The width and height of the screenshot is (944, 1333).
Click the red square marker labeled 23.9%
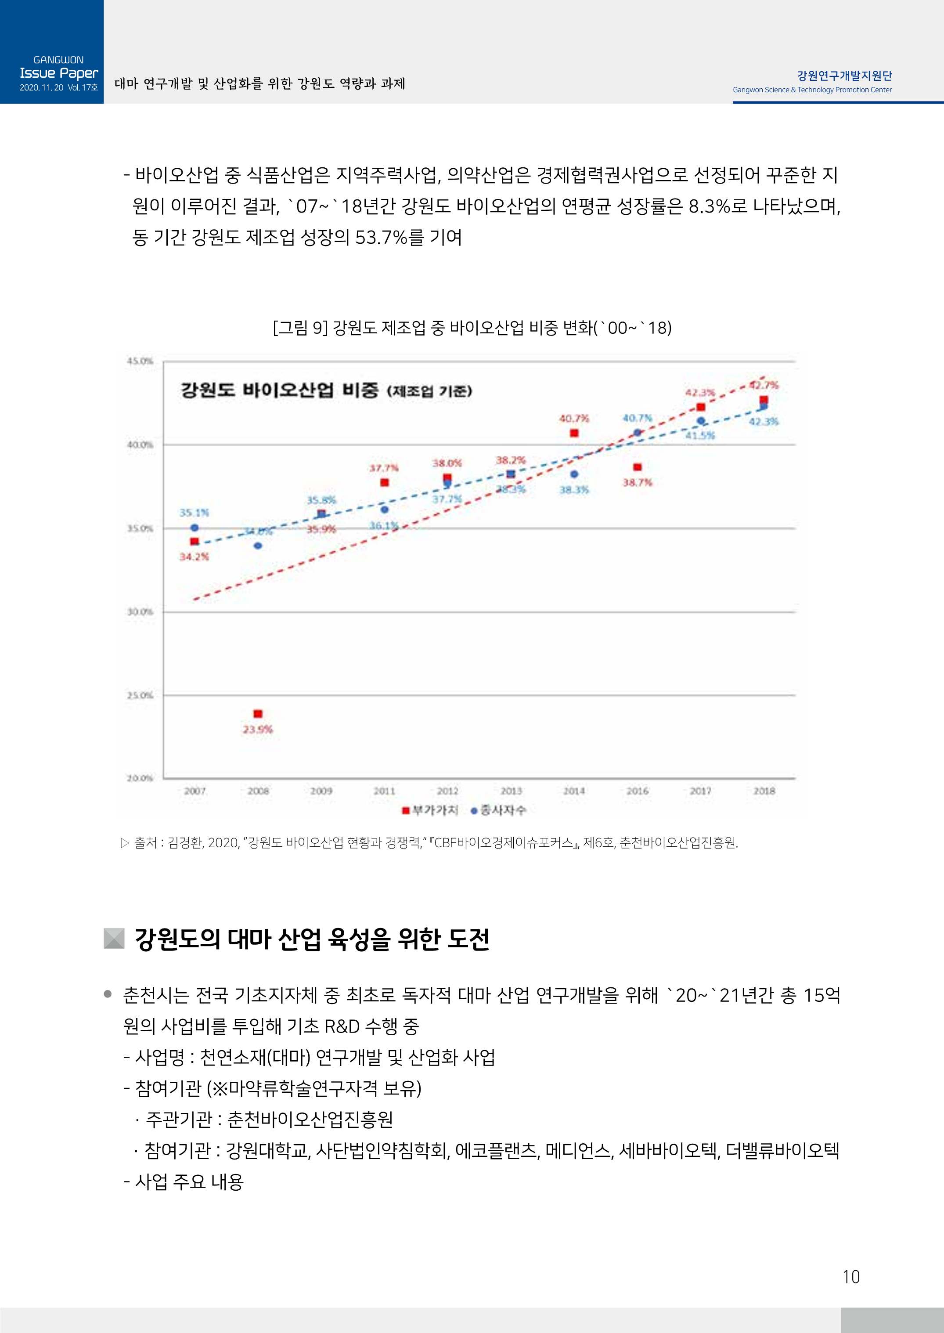[x=258, y=714]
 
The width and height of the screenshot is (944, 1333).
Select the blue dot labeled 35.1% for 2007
[x=195, y=528]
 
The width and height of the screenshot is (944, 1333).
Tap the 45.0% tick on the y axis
[x=140, y=361]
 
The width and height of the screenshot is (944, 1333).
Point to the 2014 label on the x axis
[x=574, y=791]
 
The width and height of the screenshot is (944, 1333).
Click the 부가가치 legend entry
[x=431, y=810]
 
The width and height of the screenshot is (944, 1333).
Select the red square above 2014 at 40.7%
[x=574, y=433]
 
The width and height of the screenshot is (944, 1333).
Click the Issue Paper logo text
[x=59, y=73]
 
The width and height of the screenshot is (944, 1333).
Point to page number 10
[x=850, y=1277]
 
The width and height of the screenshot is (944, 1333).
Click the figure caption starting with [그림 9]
[x=472, y=328]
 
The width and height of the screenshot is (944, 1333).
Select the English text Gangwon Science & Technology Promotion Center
[x=812, y=90]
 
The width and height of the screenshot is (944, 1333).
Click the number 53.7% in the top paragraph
[x=381, y=237]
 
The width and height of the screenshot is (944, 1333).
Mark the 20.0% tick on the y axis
[x=140, y=778]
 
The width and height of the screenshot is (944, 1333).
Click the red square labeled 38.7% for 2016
[x=638, y=467]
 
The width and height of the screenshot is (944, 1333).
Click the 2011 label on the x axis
[x=384, y=791]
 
